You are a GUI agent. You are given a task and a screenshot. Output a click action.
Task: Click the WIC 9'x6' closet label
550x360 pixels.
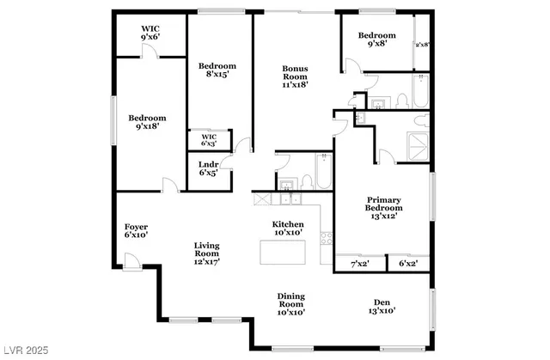pos(150,32)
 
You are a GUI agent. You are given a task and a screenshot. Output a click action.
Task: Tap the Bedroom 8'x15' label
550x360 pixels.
pos(217,70)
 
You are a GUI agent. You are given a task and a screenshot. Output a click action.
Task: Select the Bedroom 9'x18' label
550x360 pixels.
pos(148,122)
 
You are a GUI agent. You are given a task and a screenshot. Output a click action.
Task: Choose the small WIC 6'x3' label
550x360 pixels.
pos(209,139)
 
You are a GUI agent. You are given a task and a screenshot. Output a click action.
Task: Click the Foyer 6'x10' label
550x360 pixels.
pos(136,230)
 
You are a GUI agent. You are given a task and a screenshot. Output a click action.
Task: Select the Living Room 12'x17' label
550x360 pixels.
pos(207,253)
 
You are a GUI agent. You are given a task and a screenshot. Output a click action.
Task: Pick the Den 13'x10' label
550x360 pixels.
pos(382,306)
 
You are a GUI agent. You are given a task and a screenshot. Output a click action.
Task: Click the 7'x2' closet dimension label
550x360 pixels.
pos(360,263)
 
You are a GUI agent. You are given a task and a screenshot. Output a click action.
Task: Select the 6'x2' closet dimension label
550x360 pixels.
pos(407,263)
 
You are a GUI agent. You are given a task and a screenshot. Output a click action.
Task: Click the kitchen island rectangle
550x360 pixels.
pos(284,253)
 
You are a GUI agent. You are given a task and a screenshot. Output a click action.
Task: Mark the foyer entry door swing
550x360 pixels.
pos(131,260)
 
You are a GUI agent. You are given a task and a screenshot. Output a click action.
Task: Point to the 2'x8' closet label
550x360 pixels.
pos(422,45)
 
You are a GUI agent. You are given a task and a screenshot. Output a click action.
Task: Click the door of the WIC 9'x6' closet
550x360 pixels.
pos(151,52)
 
